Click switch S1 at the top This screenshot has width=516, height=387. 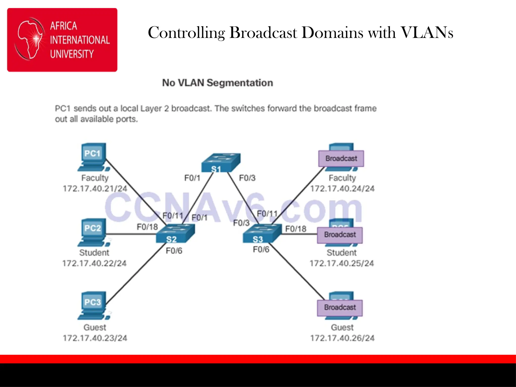[x=221, y=163]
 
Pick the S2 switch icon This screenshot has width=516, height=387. [x=175, y=234]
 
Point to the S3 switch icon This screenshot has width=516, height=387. [x=262, y=234]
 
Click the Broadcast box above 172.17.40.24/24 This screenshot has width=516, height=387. [x=341, y=158]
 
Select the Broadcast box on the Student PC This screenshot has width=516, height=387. [x=340, y=235]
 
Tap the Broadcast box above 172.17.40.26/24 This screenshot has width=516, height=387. [x=340, y=307]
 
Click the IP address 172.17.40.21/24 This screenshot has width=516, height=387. [x=95, y=188]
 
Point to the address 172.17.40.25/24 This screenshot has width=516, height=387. [x=342, y=263]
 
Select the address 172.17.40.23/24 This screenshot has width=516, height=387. [x=95, y=338]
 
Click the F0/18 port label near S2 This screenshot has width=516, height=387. [x=147, y=227]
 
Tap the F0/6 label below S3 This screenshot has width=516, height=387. [x=261, y=249]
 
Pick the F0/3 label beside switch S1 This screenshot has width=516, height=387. [x=247, y=178]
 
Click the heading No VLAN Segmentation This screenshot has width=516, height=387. [x=217, y=83]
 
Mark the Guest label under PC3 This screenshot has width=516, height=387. [x=95, y=327]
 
